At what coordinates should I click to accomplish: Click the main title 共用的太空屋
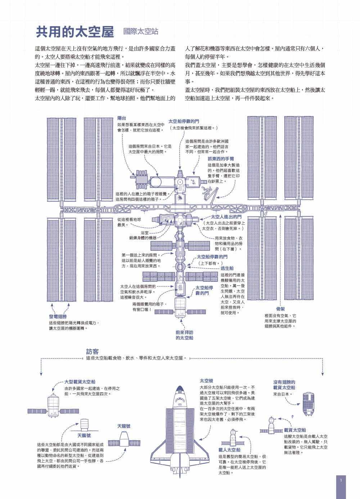click(75, 32)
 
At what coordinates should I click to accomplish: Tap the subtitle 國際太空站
click(141, 31)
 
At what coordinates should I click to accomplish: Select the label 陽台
click(122, 118)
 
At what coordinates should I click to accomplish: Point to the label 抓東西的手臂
click(221, 159)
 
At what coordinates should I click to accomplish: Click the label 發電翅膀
click(58, 317)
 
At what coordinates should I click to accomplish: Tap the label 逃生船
click(227, 268)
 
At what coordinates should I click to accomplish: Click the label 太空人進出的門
click(226, 217)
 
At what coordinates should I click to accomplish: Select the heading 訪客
click(92, 352)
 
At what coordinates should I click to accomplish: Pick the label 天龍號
click(124, 426)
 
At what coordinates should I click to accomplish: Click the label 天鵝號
click(84, 435)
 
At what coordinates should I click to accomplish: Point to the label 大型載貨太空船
click(80, 382)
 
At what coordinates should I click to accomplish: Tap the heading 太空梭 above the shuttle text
click(206, 381)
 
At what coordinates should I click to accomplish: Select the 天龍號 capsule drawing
click(124, 443)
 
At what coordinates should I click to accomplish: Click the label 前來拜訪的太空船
click(184, 335)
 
